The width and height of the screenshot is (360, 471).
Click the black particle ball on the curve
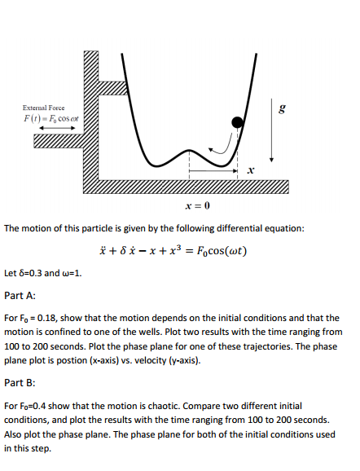[x=238, y=122]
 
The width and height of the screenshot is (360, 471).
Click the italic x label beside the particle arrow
[x=251, y=169]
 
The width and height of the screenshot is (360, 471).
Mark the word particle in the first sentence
[x=83, y=229]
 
